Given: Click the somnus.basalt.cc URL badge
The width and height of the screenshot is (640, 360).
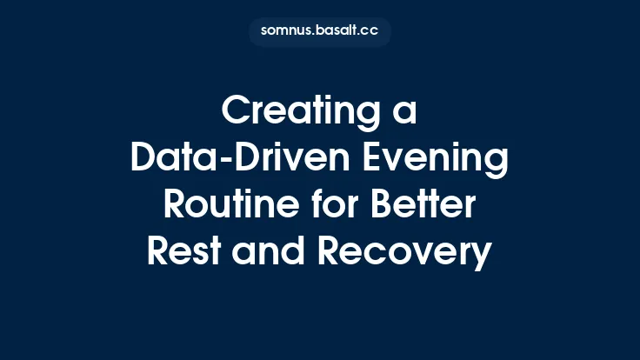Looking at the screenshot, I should pyautogui.click(x=320, y=31).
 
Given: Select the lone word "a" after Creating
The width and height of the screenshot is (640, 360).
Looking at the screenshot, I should pyautogui.click(x=405, y=114).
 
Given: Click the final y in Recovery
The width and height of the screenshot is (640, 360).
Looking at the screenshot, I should pyautogui.click(x=482, y=257).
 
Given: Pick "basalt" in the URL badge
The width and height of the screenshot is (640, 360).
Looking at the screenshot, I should pyautogui.click(x=339, y=31).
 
